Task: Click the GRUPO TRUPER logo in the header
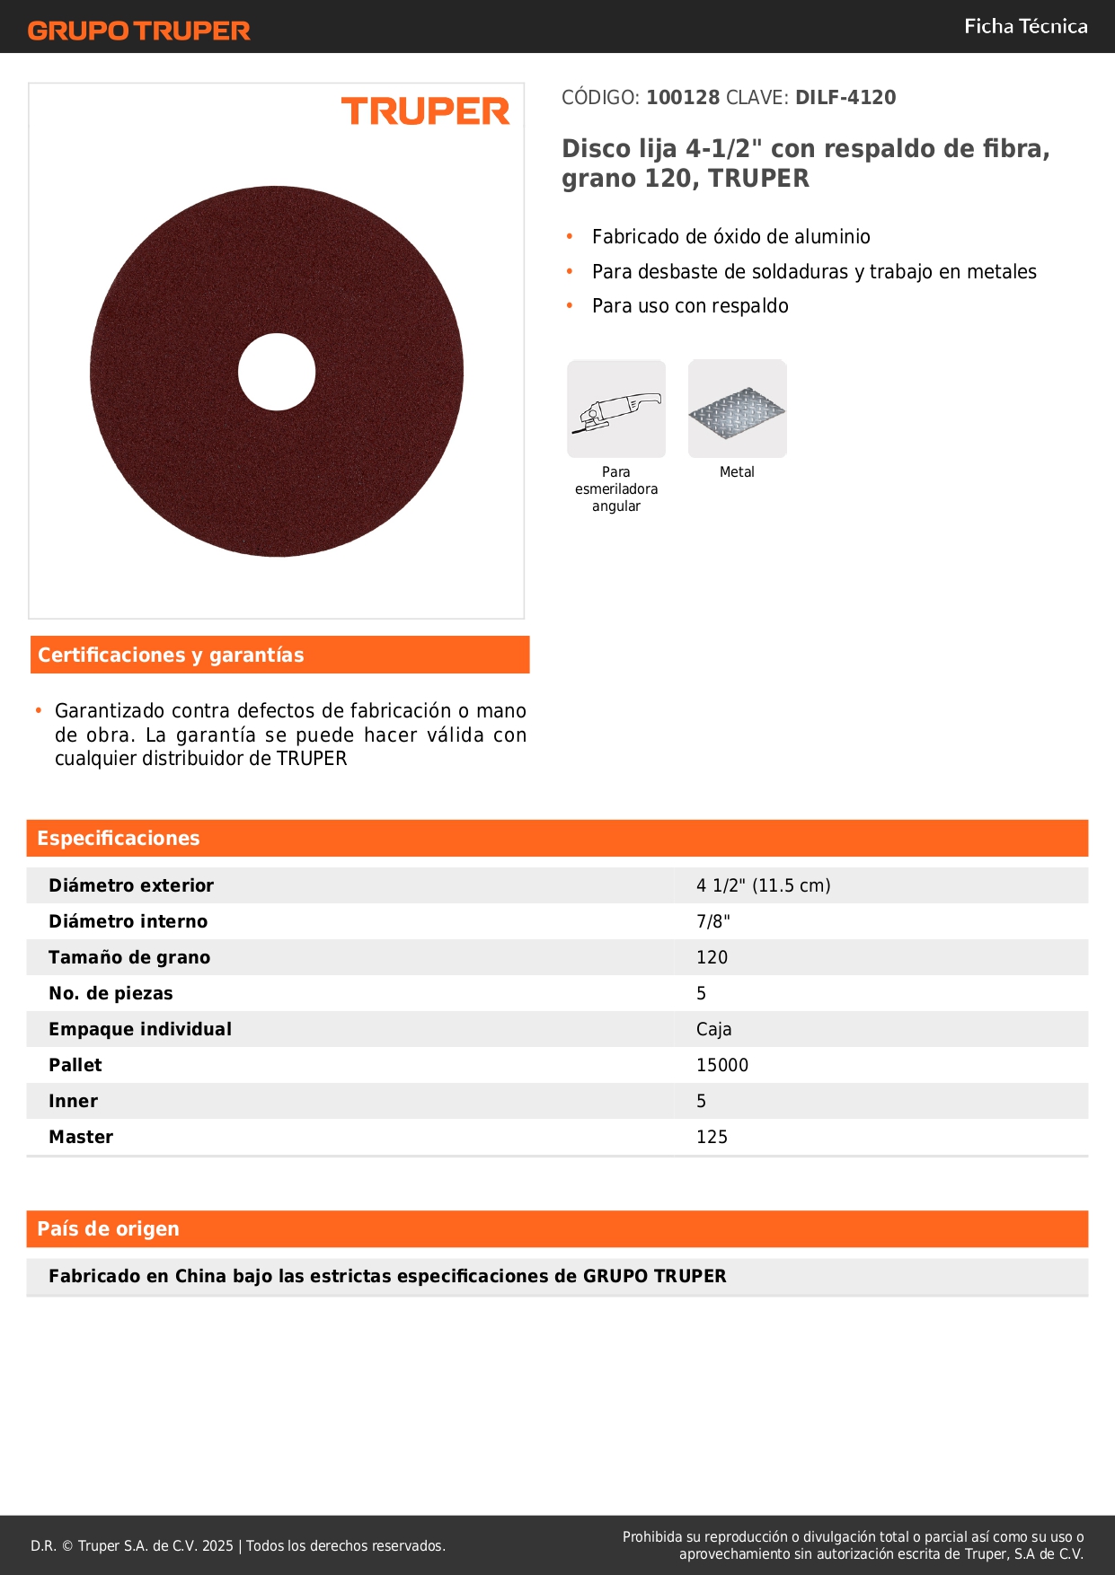point(138,31)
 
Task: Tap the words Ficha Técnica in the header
point(1025,26)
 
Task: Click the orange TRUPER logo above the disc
point(425,111)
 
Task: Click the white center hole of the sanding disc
point(277,372)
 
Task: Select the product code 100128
point(683,98)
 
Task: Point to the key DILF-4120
point(845,98)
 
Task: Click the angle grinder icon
point(616,409)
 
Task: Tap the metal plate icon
point(737,409)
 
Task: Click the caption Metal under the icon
point(737,472)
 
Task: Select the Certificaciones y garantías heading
point(171,656)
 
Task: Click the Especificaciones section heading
point(119,839)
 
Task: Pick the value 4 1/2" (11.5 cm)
point(763,886)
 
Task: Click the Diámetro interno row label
point(128,922)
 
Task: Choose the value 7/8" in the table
point(712,922)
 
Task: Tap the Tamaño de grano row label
point(129,958)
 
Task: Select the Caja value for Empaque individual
point(713,1030)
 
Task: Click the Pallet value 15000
point(721,1066)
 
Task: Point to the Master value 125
point(712,1138)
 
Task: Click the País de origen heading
point(108,1229)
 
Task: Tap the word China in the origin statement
point(200,1277)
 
